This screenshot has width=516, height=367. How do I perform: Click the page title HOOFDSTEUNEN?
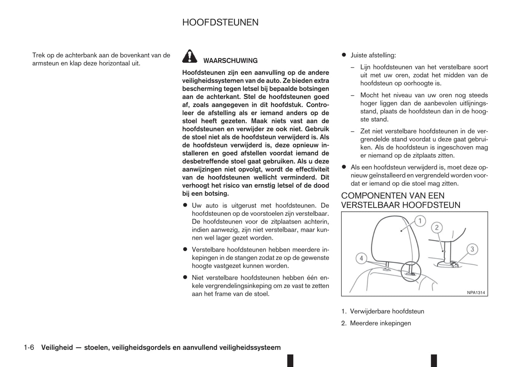[220, 22]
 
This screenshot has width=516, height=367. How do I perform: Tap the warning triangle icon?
[190, 56]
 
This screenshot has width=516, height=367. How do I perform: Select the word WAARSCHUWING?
[230, 61]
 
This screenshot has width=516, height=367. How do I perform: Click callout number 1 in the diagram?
[420, 221]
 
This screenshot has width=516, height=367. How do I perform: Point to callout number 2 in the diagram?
[436, 227]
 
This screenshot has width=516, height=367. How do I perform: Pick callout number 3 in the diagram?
[472, 249]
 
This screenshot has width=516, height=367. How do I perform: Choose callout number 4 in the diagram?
[361, 258]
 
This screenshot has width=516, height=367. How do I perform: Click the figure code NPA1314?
[476, 293]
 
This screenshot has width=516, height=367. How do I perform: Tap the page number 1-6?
[29, 347]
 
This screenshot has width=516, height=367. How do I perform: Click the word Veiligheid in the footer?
[57, 347]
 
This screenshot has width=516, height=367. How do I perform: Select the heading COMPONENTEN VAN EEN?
[392, 196]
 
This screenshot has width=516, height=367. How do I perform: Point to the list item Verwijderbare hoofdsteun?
[387, 311]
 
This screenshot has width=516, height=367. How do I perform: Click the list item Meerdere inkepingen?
[380, 323]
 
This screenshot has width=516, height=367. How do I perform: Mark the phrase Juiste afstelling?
[373, 55]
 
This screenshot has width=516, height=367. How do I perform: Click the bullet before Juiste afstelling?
[344, 55]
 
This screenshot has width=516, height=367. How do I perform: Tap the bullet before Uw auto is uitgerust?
[185, 205]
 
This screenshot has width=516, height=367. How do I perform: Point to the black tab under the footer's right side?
[434, 361]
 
